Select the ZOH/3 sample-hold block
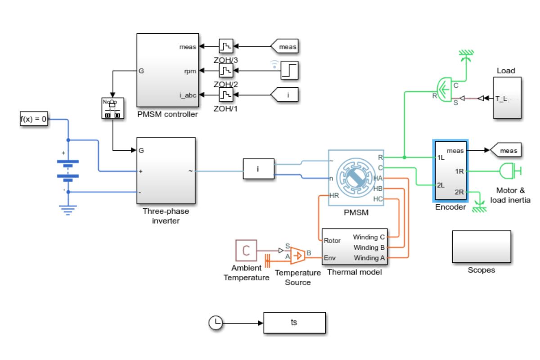pos(225,46)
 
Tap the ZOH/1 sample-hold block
pos(225,95)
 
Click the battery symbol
pos(68,170)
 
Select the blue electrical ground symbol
pos(68,209)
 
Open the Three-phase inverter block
pos(165,171)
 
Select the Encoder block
pos(450,171)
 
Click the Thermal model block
pos(354,247)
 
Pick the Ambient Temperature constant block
pos(246,251)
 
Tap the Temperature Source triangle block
pos(297,255)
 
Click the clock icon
pos(216,323)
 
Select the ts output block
pos(294,323)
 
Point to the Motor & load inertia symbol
pos(510,171)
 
